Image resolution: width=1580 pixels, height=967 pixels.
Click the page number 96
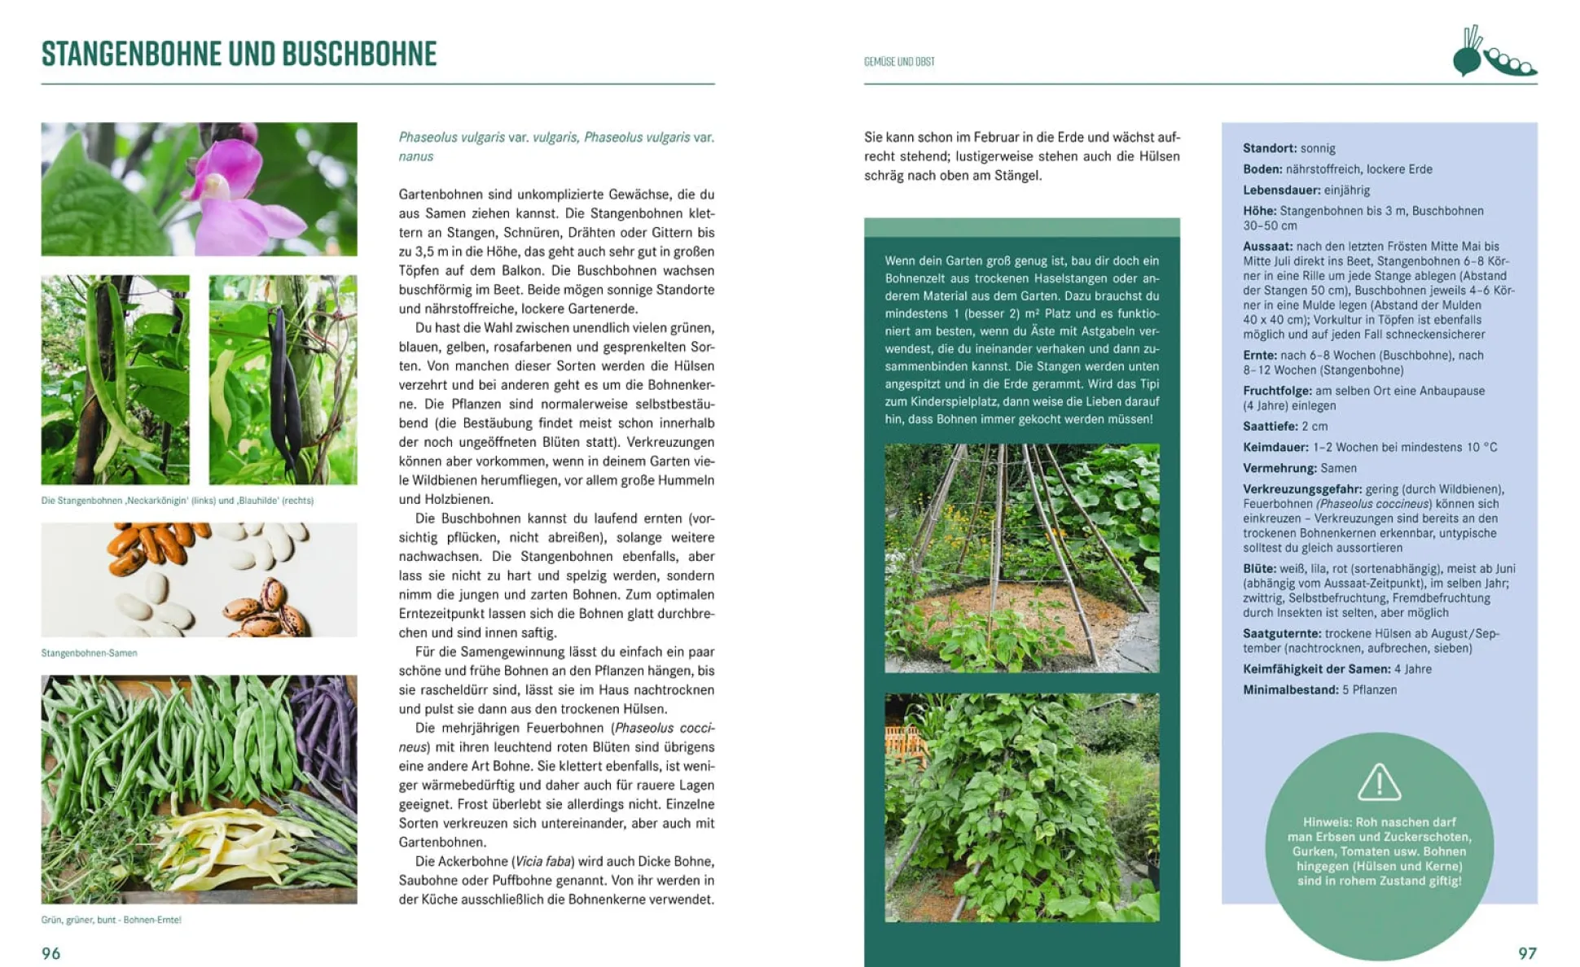[51, 953]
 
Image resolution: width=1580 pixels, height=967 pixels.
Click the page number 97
[1527, 953]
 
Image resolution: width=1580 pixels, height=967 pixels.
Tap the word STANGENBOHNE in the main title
[131, 54]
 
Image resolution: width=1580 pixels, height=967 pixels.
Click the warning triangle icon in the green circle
[1379, 782]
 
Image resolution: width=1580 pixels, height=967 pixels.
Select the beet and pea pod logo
[1493, 53]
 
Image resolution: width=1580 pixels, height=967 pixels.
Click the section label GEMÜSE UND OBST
[899, 62]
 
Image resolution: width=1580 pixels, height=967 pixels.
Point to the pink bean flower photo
[200, 189]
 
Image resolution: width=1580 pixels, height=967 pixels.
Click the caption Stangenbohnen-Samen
[89, 653]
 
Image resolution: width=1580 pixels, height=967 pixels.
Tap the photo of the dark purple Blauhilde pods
[283, 379]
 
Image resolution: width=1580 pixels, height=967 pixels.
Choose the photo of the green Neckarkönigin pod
[115, 379]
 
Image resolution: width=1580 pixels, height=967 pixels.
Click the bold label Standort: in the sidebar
[1270, 148]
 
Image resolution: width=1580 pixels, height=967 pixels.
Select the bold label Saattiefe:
[1270, 427]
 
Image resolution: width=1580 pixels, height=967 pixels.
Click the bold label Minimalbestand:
[1290, 690]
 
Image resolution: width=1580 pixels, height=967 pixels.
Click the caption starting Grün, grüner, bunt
[111, 920]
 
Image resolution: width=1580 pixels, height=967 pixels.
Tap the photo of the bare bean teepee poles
[1021, 558]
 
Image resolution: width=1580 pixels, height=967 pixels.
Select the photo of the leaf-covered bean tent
[1021, 807]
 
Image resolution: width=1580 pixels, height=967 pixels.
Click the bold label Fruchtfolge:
[1277, 391]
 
